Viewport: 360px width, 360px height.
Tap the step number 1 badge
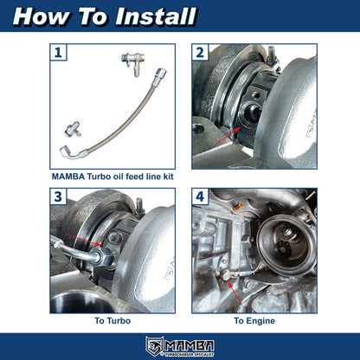point(57,54)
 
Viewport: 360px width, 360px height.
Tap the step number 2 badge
point(200,54)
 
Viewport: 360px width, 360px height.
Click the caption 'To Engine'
point(254,321)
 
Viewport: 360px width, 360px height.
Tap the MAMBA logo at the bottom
point(179,344)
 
